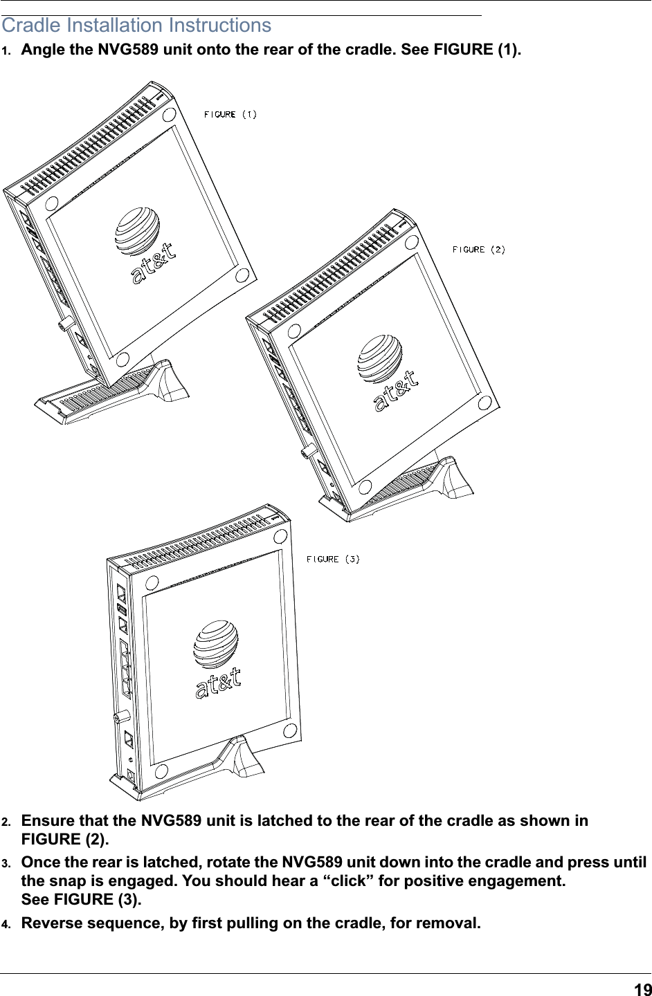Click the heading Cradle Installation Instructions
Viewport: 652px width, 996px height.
coord(136,26)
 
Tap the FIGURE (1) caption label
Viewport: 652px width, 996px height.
coord(230,115)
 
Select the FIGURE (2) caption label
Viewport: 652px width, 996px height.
coord(479,250)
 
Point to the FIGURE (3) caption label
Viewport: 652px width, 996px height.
coord(333,559)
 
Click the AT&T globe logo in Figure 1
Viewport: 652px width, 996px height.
coord(137,231)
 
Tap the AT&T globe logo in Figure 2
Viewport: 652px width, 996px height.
coord(380,359)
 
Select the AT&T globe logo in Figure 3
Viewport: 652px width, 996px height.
coord(216,644)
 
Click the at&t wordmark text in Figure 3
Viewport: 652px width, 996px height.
coord(218,683)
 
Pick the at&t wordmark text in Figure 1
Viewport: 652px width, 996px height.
coord(154,264)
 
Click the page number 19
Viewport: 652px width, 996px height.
coord(642,989)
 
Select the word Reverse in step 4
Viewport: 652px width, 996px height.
coord(52,923)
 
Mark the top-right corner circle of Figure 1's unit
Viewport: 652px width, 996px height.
coord(169,116)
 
